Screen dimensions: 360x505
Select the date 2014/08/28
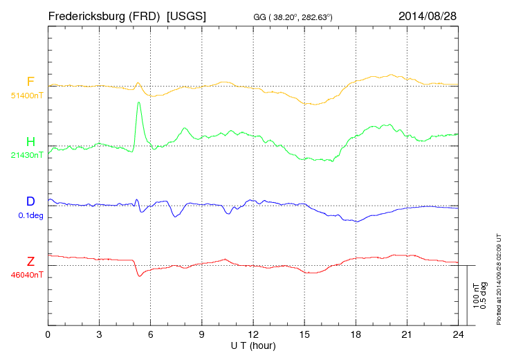pyautogui.click(x=428, y=16)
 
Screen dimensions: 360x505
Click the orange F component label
pyautogui.click(x=30, y=82)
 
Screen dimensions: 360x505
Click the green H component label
pyautogui.click(x=30, y=143)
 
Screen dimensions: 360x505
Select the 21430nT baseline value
pyautogui.click(x=28, y=155)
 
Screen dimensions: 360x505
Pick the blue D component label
pyautogui.click(x=30, y=201)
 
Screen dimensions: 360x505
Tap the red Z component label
pyautogui.click(x=30, y=262)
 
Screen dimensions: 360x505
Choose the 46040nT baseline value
pyautogui.click(x=28, y=275)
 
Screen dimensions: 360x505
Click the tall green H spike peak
pyautogui.click(x=139, y=102)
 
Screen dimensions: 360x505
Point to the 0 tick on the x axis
pyautogui.click(x=48, y=334)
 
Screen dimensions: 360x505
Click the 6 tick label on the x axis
pyautogui.click(x=150, y=334)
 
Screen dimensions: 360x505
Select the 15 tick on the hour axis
pyautogui.click(x=304, y=334)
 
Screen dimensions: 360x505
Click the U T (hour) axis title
pyautogui.click(x=252, y=345)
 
